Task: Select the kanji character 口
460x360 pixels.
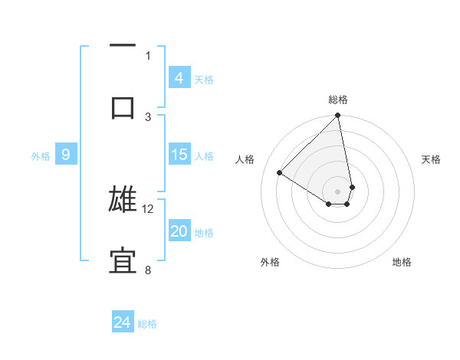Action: pyautogui.click(x=123, y=106)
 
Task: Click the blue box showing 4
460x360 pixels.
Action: pyautogui.click(x=179, y=77)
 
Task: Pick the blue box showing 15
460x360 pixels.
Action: pyautogui.click(x=179, y=155)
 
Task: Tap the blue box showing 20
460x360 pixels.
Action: pyautogui.click(x=179, y=231)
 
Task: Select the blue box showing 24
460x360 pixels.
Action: pyautogui.click(x=123, y=322)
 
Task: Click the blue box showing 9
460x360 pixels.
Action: pyautogui.click(x=66, y=155)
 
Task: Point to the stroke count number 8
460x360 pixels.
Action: pyautogui.click(x=148, y=270)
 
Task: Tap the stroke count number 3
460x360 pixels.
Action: pyautogui.click(x=148, y=116)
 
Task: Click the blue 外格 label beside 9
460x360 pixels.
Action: pyautogui.click(x=41, y=155)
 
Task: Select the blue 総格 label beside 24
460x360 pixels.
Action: pyautogui.click(x=147, y=323)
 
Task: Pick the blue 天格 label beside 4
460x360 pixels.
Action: pyautogui.click(x=204, y=78)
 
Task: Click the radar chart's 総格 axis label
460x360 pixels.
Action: pyautogui.click(x=338, y=100)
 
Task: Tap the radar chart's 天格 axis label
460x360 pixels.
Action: pyautogui.click(x=431, y=159)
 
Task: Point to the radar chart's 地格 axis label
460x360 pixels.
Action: pyautogui.click(x=402, y=262)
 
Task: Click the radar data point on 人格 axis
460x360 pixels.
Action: pyautogui.click(x=280, y=173)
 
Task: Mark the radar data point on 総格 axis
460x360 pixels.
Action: pyautogui.click(x=338, y=116)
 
